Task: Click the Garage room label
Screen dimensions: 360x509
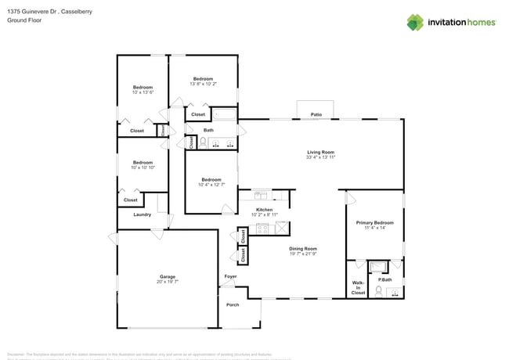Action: [168, 275]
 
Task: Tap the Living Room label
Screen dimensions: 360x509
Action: [320, 152]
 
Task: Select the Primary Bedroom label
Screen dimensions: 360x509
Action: [374, 223]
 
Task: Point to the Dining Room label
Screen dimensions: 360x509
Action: [303, 249]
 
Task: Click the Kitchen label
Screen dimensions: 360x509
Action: [264, 210]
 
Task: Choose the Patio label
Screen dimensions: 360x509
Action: [316, 114]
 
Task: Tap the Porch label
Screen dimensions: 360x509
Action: [233, 304]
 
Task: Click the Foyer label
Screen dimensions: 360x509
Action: [230, 276]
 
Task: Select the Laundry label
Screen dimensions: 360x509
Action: [142, 214]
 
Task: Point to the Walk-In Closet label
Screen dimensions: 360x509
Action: [358, 287]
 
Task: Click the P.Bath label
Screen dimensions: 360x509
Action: [384, 279]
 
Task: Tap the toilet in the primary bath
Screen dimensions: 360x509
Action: [378, 291]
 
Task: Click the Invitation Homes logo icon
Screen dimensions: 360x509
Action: [415, 22]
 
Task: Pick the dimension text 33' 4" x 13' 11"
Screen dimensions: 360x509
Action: [320, 157]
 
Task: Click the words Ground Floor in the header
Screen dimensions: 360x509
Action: [24, 20]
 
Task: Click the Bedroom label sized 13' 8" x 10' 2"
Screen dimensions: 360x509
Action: [204, 78]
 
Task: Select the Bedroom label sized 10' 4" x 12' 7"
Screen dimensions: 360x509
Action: [211, 179]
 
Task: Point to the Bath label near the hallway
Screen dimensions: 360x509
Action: [208, 130]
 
